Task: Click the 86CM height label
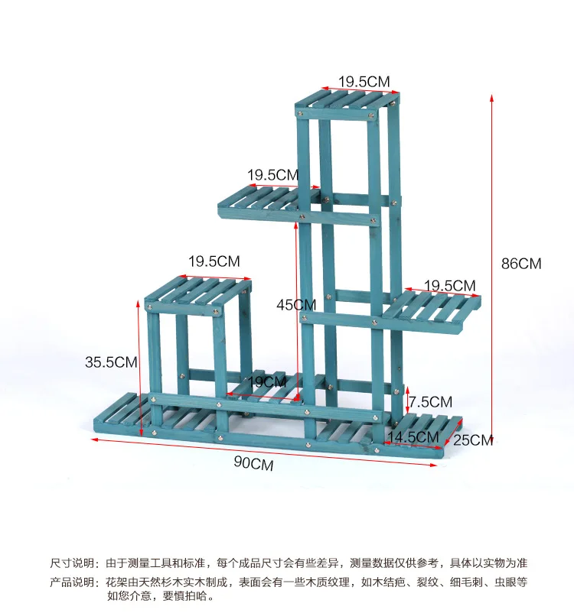(x=521, y=264)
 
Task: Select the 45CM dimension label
(x=295, y=304)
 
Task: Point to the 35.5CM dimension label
(x=111, y=362)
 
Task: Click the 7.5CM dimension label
(x=430, y=401)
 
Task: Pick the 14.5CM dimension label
(x=413, y=436)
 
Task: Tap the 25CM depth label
(x=474, y=439)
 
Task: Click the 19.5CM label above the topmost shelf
(x=365, y=81)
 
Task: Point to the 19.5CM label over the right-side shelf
(x=450, y=285)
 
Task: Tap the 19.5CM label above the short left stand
(x=214, y=261)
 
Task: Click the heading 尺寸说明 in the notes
(x=73, y=563)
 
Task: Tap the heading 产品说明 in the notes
(x=73, y=582)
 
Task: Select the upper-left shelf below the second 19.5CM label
(x=259, y=199)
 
